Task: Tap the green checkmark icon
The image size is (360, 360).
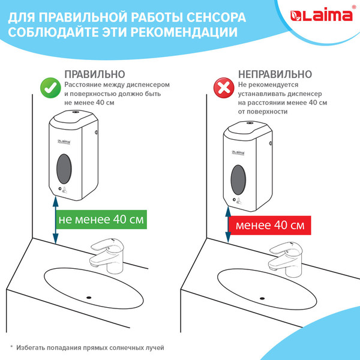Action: [49, 88]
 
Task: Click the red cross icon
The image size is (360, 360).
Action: [223, 88]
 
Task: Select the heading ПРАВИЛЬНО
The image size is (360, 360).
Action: [95, 74]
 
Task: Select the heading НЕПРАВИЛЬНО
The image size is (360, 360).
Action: [275, 74]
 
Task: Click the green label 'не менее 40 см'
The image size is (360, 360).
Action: [101, 220]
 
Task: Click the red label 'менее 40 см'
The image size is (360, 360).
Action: [269, 226]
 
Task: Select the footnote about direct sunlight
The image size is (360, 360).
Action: [86, 347]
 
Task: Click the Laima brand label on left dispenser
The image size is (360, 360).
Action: [64, 142]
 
